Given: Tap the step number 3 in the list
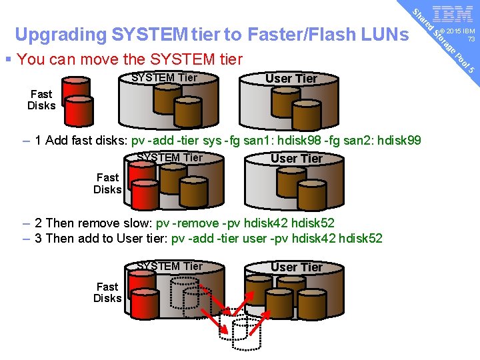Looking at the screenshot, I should [x=39, y=238].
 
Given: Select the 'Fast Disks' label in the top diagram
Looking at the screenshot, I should [x=41, y=100].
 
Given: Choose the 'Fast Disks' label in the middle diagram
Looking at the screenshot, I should [x=107, y=183].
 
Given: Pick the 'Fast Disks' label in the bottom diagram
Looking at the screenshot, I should [x=107, y=292].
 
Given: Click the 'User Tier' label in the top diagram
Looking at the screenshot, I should [x=291, y=79].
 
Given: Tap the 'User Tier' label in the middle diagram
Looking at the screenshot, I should [x=297, y=159].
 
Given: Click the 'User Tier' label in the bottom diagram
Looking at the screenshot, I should [x=297, y=267].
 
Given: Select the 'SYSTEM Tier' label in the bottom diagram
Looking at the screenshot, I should [x=169, y=266].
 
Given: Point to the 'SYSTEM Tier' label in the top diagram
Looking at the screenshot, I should [x=164, y=77].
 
